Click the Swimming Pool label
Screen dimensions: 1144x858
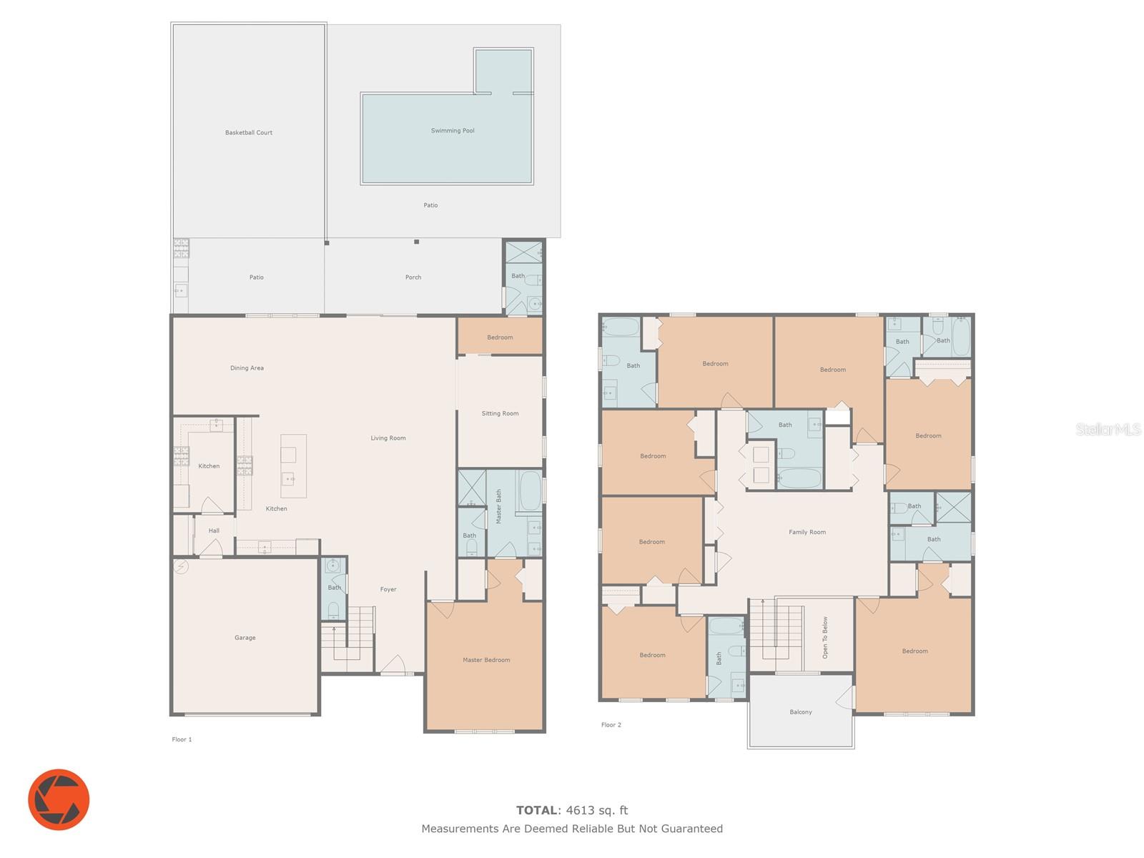[x=453, y=131]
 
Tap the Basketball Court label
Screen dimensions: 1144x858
[x=249, y=133]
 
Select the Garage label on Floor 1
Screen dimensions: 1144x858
[x=245, y=638]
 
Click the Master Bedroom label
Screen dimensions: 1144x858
[x=486, y=660]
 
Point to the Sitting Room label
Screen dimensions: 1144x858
[x=500, y=414]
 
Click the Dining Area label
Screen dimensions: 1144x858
[x=247, y=368]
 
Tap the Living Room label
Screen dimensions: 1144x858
[x=388, y=438]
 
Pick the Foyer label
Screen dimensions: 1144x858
[x=388, y=590]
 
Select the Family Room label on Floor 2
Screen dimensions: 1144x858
[x=807, y=533]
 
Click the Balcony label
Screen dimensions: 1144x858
[x=801, y=712]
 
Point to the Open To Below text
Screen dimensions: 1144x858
[x=825, y=638]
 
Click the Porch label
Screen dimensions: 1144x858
[x=413, y=277]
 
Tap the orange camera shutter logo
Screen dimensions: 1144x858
[x=59, y=799]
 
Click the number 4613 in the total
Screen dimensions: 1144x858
[x=580, y=811]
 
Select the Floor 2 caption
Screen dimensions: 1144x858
[x=611, y=725]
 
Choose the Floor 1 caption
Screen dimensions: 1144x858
[x=182, y=740]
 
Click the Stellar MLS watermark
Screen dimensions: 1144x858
[x=1108, y=429]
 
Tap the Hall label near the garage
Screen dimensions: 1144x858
[x=214, y=531]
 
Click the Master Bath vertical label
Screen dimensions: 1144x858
[x=499, y=506]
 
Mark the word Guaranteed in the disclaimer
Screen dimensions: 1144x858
[x=692, y=829]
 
